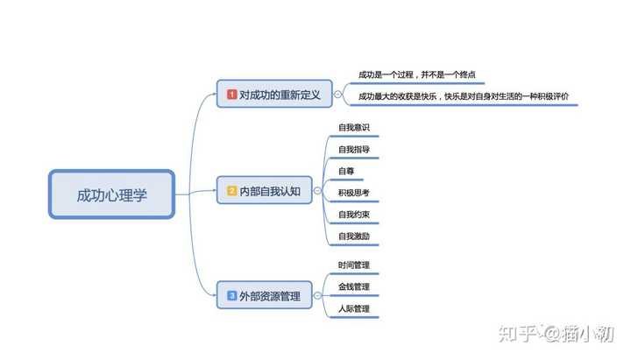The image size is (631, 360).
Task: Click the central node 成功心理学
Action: (112, 194)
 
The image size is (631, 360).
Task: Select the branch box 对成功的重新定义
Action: (274, 94)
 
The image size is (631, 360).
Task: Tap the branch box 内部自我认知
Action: (264, 190)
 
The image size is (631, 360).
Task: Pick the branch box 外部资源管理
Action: (264, 296)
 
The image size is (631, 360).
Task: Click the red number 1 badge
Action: (231, 94)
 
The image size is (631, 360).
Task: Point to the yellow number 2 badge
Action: (231, 190)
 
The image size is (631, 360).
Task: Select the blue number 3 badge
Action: (231, 296)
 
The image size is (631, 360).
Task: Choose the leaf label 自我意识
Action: (354, 128)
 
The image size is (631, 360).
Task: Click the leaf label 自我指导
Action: (354, 150)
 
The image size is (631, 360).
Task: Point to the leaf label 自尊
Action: (346, 171)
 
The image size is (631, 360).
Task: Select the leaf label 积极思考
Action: (354, 193)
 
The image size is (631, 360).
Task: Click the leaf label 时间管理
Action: (354, 265)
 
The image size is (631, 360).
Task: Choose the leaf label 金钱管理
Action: (354, 286)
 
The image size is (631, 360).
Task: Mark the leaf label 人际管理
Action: (354, 308)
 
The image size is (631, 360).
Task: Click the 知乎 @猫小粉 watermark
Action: (556, 334)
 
